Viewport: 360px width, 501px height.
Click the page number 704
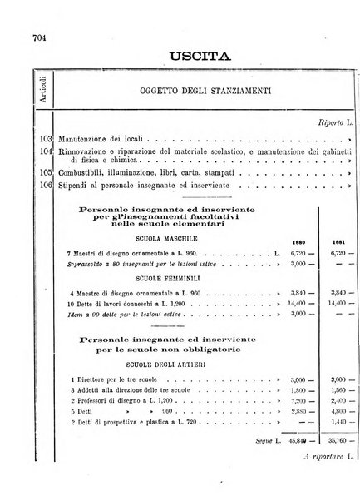15,37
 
